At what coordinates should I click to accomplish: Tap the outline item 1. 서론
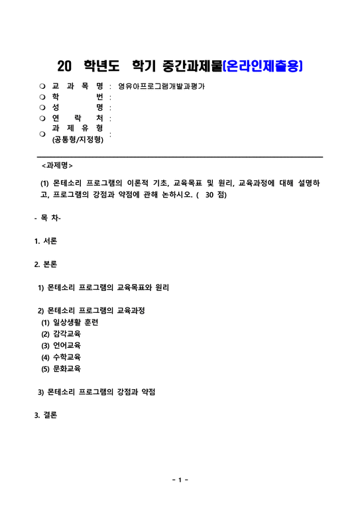click(x=46, y=241)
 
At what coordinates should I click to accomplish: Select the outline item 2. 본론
click(x=46, y=264)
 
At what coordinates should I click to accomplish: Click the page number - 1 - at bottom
click(x=180, y=479)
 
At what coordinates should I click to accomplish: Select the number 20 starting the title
click(x=64, y=66)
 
